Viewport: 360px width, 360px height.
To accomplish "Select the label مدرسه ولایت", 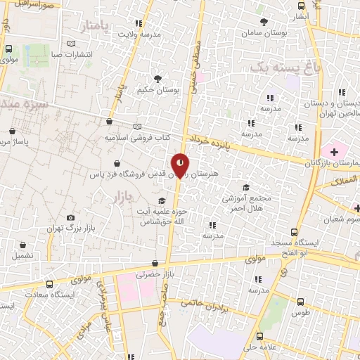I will [x=139, y=34].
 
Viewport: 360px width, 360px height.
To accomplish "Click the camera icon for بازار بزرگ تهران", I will [x=69, y=218].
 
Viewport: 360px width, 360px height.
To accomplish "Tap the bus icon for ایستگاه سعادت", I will [x=49, y=283].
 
